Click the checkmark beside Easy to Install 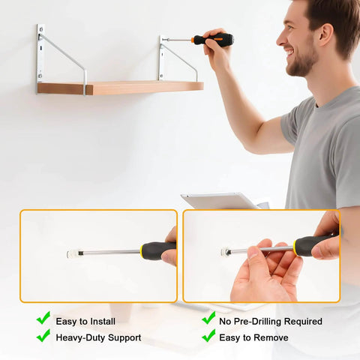[x=43, y=318]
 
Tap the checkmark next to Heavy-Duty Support [x=43, y=336]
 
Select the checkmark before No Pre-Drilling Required [x=208, y=318]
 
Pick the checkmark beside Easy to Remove [x=208, y=336]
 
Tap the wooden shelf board [x=120, y=88]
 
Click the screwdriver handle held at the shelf [x=213, y=40]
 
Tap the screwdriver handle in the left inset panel [x=157, y=250]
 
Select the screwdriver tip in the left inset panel [x=73, y=253]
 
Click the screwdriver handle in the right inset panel [x=315, y=244]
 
